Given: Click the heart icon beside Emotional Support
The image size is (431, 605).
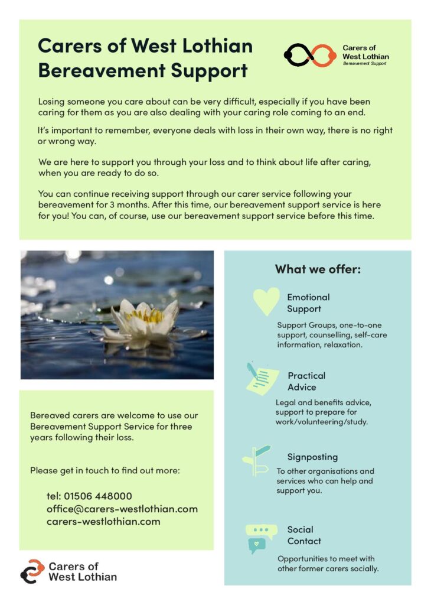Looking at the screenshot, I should click(x=266, y=301).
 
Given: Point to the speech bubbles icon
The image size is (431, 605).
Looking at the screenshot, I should click(x=260, y=538).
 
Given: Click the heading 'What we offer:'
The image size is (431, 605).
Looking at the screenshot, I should click(x=318, y=269).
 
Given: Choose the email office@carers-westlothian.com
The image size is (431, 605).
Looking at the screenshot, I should click(x=122, y=509).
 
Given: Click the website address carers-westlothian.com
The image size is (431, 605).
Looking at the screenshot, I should click(x=103, y=521).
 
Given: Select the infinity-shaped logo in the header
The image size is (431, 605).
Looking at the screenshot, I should click(x=310, y=55).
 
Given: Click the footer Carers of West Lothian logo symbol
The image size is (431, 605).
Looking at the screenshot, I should click(x=32, y=571).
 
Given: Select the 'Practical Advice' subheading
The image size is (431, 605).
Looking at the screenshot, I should click(x=306, y=381).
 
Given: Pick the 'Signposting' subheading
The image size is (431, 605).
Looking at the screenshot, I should click(x=312, y=457).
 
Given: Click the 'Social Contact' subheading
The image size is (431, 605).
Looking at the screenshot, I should click(x=304, y=535).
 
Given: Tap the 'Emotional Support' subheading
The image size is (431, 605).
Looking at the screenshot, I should click(x=308, y=302).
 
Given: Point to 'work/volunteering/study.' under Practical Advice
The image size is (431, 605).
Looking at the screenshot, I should click(x=322, y=422).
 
